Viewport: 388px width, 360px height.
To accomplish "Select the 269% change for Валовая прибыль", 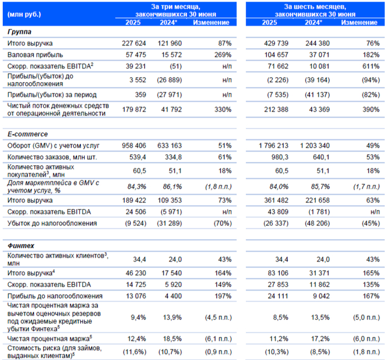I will click(x=221, y=53).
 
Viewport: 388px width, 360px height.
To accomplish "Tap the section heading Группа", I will click(x=19, y=32).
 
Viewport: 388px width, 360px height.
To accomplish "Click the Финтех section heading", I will click(x=22, y=245).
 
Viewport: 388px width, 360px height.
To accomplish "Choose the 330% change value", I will click(x=221, y=110).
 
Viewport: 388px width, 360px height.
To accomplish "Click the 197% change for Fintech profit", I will click(x=221, y=296).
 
